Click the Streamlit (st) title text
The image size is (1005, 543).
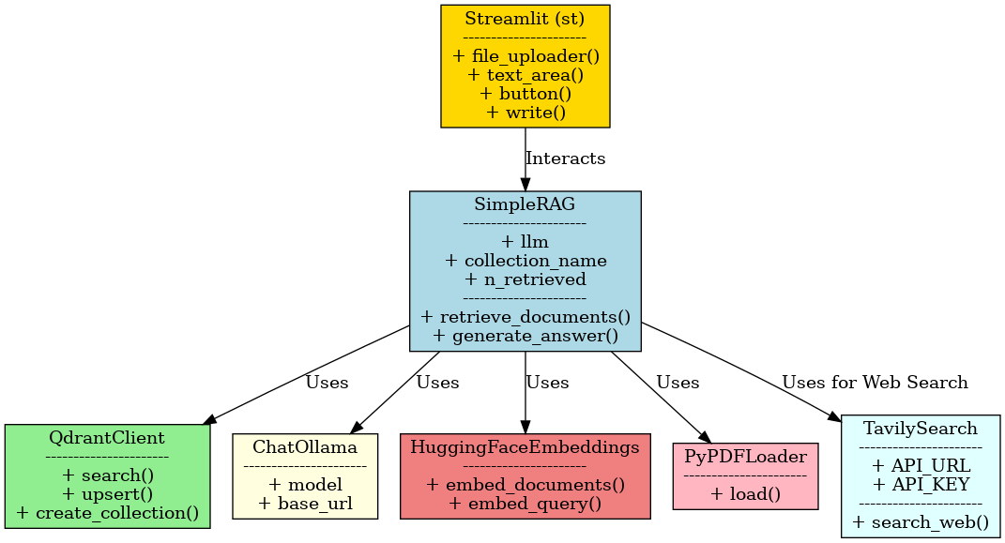click(525, 19)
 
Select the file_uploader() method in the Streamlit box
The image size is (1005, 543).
click(525, 56)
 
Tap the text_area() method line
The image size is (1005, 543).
click(525, 75)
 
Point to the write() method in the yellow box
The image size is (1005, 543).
click(525, 113)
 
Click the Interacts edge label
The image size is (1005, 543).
click(565, 158)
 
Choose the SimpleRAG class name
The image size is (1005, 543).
click(525, 205)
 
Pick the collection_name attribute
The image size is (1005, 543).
click(525, 260)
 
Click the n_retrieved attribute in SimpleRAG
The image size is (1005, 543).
click(525, 279)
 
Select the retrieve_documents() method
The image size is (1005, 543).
click(525, 315)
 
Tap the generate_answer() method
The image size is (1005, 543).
click(525, 334)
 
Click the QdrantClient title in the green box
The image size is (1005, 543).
click(107, 438)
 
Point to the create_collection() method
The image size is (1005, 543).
click(107, 512)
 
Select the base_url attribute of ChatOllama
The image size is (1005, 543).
click(304, 503)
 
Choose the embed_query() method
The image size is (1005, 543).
click(525, 503)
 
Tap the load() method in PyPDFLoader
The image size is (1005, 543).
click(745, 493)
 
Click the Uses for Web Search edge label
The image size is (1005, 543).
click(874, 383)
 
